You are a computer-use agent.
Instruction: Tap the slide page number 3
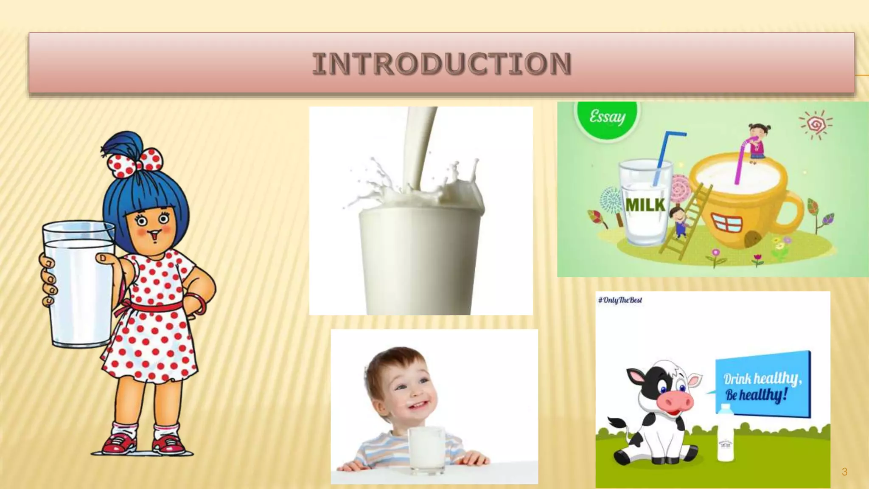click(x=844, y=472)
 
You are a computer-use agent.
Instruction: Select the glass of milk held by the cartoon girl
click(x=79, y=284)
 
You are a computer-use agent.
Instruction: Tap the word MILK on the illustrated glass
click(x=645, y=205)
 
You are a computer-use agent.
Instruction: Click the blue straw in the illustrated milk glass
click(x=664, y=157)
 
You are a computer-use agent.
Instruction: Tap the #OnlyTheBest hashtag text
click(x=620, y=300)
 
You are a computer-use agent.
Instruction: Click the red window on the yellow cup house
click(x=726, y=223)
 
